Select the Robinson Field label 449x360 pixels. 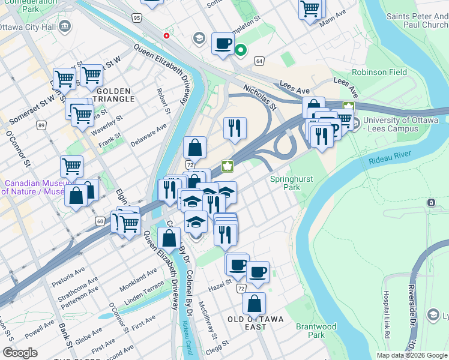[379, 72]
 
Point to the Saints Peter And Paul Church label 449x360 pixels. [417, 21]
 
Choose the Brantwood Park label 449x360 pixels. [316, 331]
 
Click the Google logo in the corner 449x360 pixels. [20, 353]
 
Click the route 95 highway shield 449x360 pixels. [137, 19]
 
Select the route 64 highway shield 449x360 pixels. [259, 61]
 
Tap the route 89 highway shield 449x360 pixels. [41, 125]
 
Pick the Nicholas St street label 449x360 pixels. [259, 97]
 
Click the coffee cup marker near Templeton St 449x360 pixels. [223, 43]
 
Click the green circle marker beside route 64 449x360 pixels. [241, 50]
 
